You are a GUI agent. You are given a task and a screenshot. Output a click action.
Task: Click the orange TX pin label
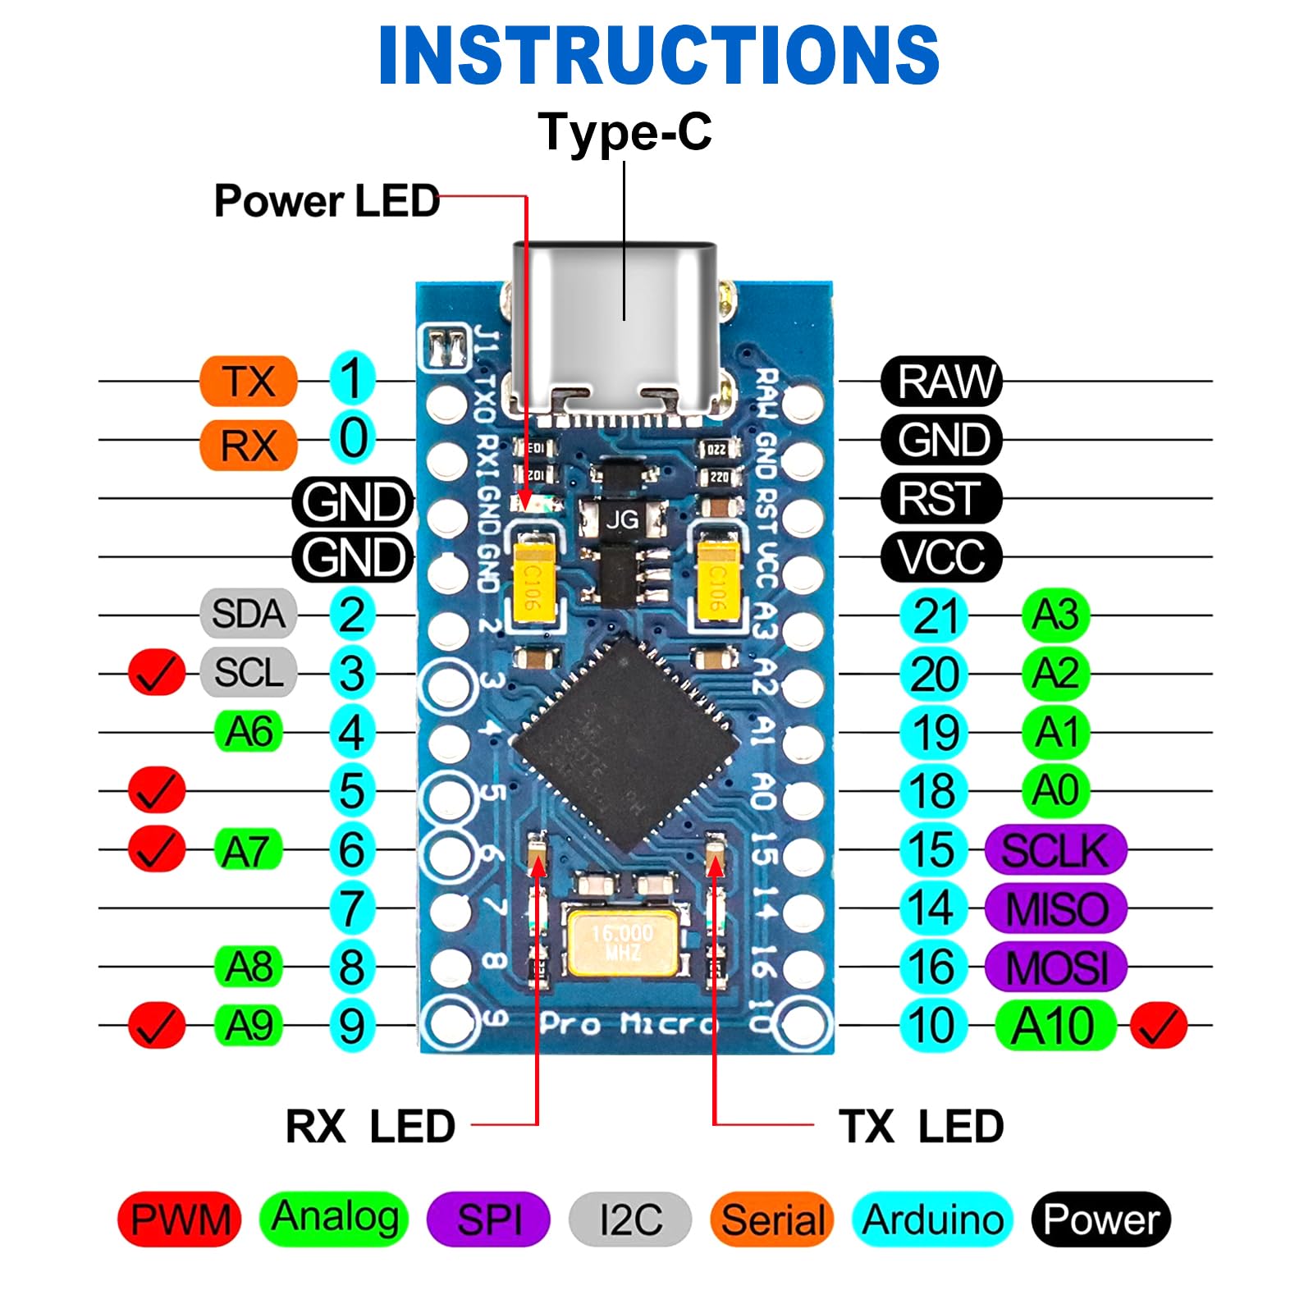pyautogui.click(x=248, y=382)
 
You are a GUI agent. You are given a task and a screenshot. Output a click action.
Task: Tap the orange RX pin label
pyautogui.click(x=248, y=446)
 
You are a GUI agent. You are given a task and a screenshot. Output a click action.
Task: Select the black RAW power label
pyautogui.click(x=941, y=382)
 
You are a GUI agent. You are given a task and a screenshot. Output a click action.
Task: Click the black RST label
pyautogui.click(x=941, y=498)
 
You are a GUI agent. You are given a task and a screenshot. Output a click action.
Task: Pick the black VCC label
pyautogui.click(x=941, y=557)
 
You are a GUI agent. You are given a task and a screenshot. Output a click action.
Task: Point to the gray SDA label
pyautogui.click(x=248, y=614)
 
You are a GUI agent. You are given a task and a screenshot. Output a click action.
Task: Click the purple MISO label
pyautogui.click(x=1056, y=908)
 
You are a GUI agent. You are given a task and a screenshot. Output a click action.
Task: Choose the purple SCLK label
pyautogui.click(x=1055, y=850)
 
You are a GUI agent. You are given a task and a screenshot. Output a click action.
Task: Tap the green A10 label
pyautogui.click(x=1055, y=1026)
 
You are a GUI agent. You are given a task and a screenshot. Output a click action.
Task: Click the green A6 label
pyautogui.click(x=248, y=732)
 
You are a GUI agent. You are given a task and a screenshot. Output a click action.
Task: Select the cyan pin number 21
pyautogui.click(x=935, y=615)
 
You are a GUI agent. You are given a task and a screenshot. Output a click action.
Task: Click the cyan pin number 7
pyautogui.click(x=352, y=908)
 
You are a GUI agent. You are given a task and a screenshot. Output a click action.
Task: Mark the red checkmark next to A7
pyautogui.click(x=156, y=849)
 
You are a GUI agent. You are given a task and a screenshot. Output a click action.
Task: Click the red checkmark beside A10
pyautogui.click(x=1158, y=1026)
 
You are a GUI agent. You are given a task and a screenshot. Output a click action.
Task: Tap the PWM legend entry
pyautogui.click(x=181, y=1219)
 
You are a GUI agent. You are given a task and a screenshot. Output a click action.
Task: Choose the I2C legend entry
pyautogui.click(x=630, y=1219)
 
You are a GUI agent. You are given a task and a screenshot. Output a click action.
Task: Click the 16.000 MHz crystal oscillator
pyautogui.click(x=623, y=944)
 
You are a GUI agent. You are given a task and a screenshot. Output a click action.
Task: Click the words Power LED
pyautogui.click(x=327, y=201)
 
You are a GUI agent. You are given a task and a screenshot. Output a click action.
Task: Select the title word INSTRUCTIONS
pyautogui.click(x=658, y=55)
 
